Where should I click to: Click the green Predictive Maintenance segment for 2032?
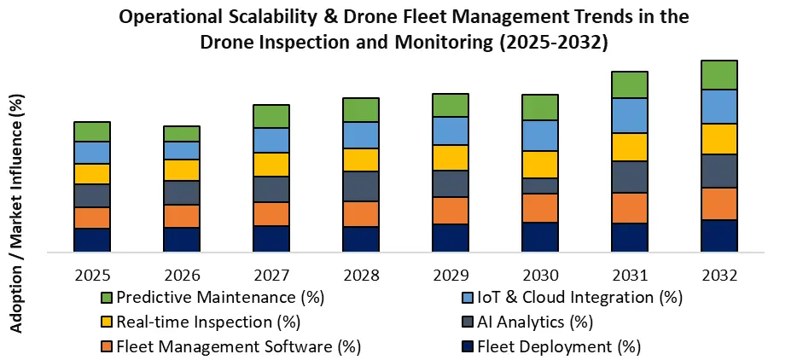[x=718, y=75]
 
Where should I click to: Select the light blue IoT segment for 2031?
[x=629, y=115]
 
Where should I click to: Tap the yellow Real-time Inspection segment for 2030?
[x=540, y=164]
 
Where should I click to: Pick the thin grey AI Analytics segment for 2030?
[x=540, y=185]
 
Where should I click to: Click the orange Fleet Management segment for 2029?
[x=451, y=210]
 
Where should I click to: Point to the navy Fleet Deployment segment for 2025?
[x=92, y=240]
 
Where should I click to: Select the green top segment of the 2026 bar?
[x=182, y=133]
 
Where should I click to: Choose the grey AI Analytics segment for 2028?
[x=361, y=186]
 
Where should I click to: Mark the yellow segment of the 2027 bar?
[x=271, y=164]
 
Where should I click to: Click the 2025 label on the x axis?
[x=92, y=276]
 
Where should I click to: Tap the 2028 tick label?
[x=361, y=276]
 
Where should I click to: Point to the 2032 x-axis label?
[x=718, y=276]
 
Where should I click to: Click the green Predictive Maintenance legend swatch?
[x=107, y=298]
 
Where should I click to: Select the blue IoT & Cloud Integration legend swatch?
[x=468, y=298]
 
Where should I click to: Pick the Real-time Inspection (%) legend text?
[x=208, y=322]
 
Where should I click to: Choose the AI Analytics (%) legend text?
[x=535, y=322]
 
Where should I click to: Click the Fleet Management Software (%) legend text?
[x=239, y=347]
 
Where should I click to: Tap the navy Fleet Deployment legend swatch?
[x=468, y=347]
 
